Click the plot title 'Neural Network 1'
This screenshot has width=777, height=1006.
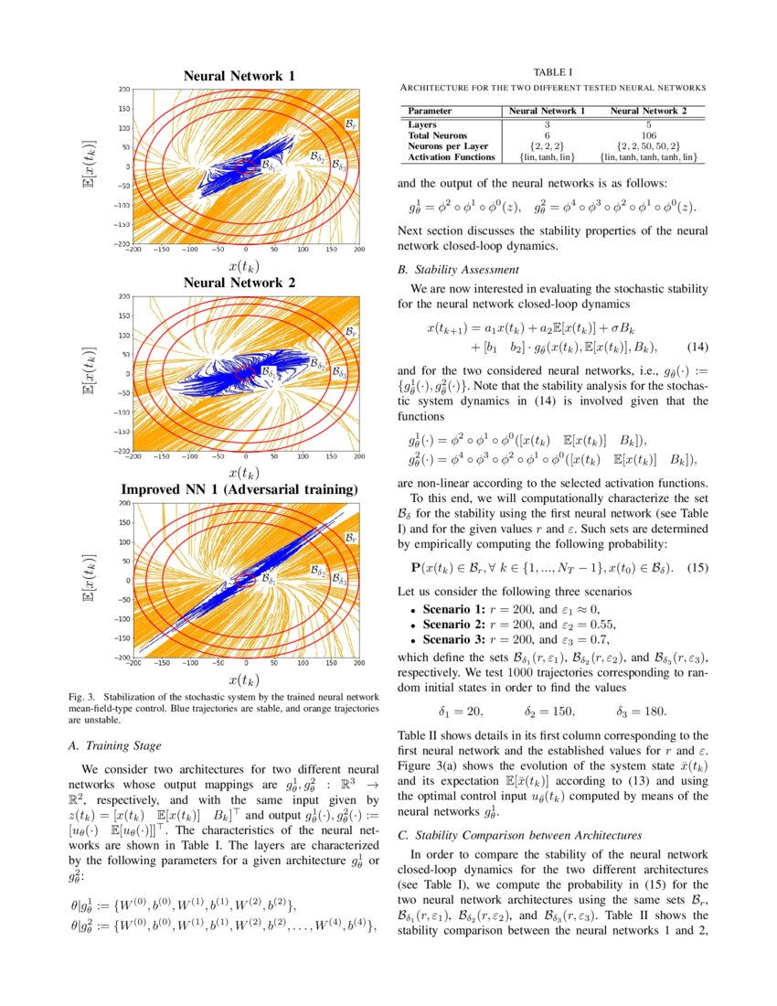click(239, 76)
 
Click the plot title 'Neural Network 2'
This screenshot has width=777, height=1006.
click(239, 283)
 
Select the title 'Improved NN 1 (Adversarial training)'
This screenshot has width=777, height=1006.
click(239, 489)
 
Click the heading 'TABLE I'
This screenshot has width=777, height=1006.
click(552, 73)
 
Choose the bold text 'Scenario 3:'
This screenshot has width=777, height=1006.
click(450, 640)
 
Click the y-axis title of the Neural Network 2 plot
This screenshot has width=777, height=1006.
click(89, 376)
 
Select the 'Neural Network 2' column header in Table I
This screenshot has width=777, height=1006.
click(646, 111)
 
